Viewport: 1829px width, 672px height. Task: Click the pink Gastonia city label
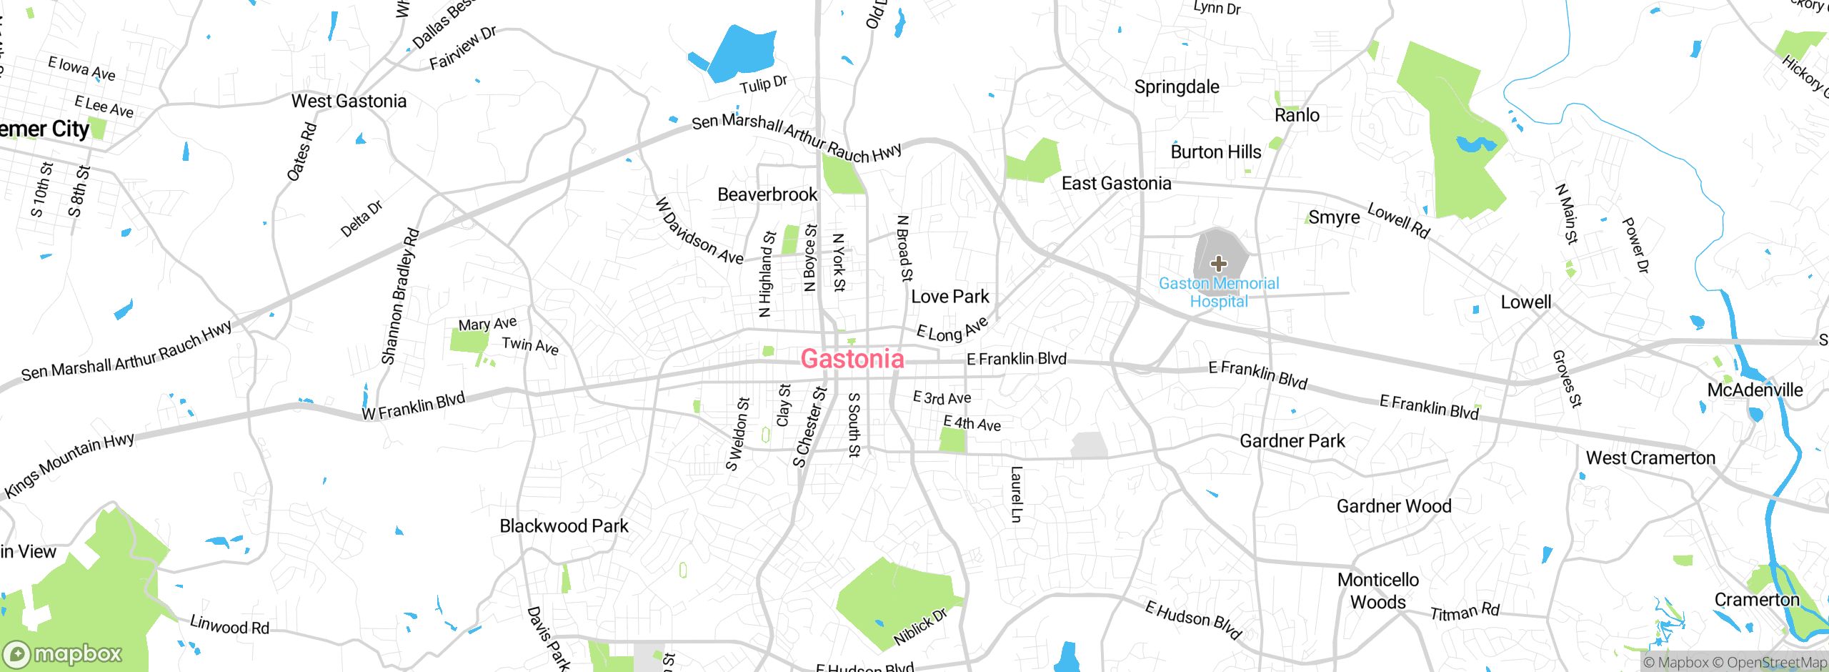coord(852,359)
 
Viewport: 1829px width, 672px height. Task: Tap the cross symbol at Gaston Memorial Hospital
coord(1219,264)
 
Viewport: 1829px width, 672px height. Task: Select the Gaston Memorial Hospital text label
coord(1219,292)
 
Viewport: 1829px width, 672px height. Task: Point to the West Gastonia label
coord(349,102)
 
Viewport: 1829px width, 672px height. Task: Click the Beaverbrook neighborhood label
coord(767,194)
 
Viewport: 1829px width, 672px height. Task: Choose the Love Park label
coord(950,297)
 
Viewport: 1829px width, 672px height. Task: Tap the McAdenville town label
coord(1755,390)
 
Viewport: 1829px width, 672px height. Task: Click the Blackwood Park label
coord(564,526)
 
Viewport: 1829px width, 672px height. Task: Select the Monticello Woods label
coord(1378,591)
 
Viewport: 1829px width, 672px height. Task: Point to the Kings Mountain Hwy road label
coord(69,465)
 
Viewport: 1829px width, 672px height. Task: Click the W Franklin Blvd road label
coord(413,407)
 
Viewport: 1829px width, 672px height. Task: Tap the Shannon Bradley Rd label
coord(400,297)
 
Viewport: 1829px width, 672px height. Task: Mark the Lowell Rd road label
coord(1398,220)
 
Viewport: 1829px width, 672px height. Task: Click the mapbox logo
coord(63,654)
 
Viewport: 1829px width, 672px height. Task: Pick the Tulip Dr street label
coord(763,85)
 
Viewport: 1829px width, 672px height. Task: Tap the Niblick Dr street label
coord(920,626)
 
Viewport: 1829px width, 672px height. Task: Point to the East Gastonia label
coord(1116,184)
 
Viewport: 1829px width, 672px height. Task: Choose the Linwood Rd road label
coord(229,626)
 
